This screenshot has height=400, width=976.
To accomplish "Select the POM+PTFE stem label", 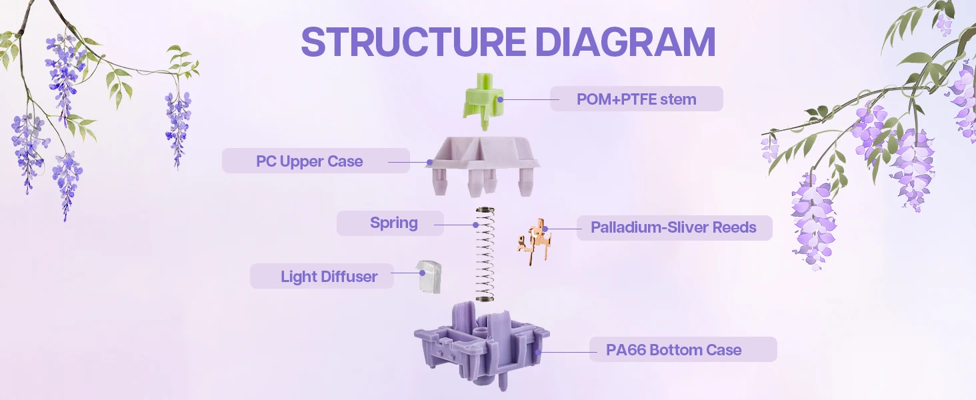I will click(636, 99).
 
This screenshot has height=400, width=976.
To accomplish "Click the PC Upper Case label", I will click(309, 161).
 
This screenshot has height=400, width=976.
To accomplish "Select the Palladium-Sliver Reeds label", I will click(673, 228).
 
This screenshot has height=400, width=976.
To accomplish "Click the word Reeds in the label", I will click(734, 228).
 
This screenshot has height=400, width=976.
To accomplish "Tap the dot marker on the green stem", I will click(499, 99).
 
